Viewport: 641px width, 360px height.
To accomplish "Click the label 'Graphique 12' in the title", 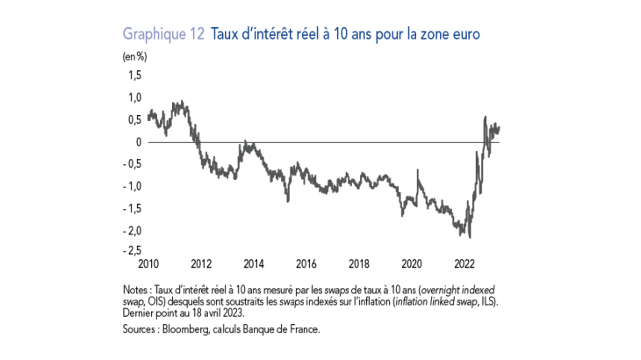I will tap(164, 35).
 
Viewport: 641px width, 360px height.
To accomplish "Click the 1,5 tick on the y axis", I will tap(135, 76).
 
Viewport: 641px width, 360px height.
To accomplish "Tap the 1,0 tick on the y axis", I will tap(135, 97).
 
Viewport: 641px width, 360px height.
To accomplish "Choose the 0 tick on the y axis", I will tap(139, 142).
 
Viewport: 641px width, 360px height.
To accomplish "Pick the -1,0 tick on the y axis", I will tap(133, 186).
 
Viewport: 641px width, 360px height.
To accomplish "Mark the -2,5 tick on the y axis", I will tap(133, 253).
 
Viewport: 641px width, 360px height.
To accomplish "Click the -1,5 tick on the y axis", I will tap(133, 208).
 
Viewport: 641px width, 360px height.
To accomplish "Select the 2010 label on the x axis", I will tap(148, 263).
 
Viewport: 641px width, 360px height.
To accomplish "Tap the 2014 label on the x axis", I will tap(253, 263).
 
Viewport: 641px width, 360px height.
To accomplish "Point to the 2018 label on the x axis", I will tap(358, 263).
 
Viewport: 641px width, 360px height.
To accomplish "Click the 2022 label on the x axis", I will tap(464, 263).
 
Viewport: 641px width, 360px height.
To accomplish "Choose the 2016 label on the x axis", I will tap(306, 263).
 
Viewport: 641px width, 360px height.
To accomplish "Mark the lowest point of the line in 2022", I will tap(471, 237).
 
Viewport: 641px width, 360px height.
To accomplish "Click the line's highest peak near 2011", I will tap(180, 102).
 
